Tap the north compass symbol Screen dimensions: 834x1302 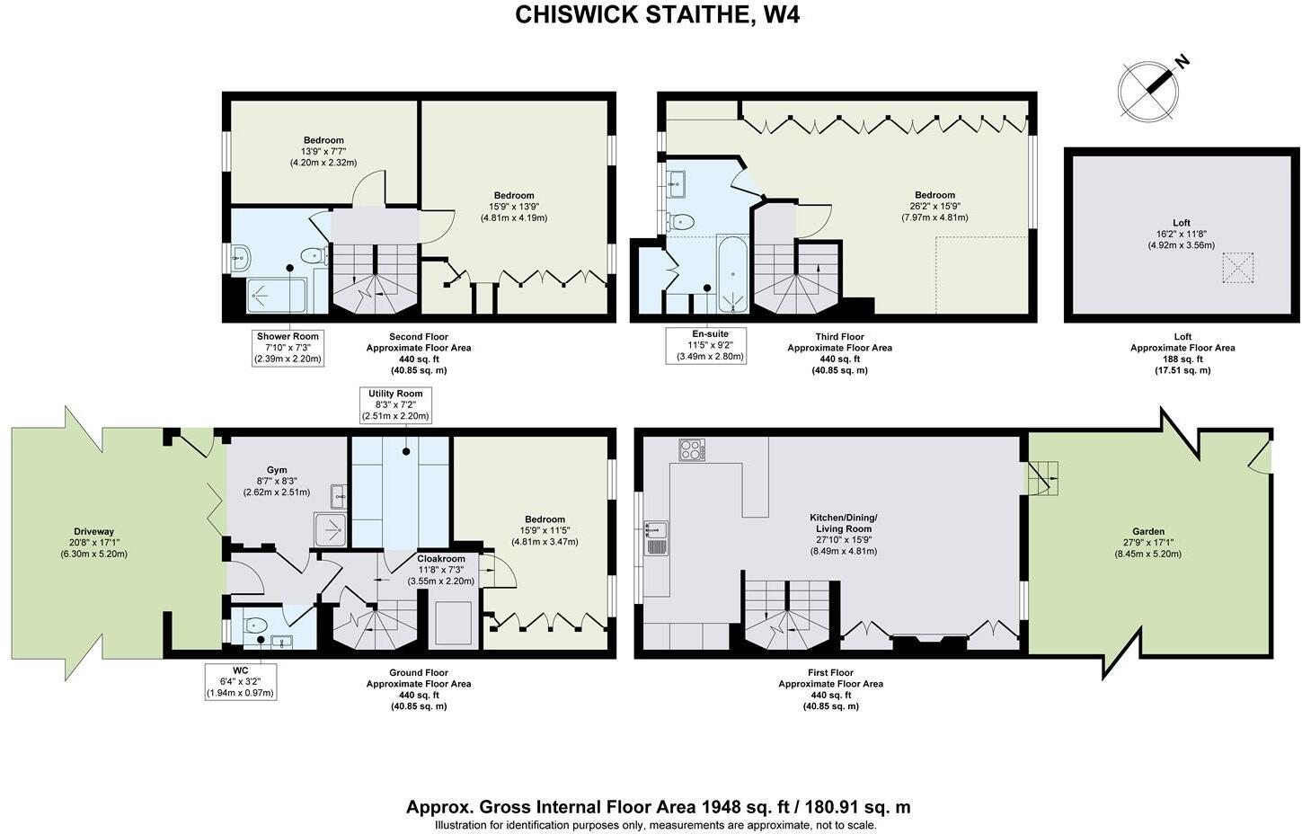[1148, 91]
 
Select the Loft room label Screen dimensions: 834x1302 [1181, 223]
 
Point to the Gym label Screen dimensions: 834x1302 [276, 470]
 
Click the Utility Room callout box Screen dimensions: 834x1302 [395, 405]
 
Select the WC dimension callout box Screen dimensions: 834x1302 [240, 681]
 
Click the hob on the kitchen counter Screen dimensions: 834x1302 [692, 449]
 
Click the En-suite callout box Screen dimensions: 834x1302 [706, 345]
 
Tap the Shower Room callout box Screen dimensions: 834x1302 [288, 348]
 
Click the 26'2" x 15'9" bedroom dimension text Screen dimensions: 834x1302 [934, 207]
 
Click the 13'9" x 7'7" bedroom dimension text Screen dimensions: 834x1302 [323, 152]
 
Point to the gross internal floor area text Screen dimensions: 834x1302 [658, 806]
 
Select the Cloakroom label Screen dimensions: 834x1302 [440, 559]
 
